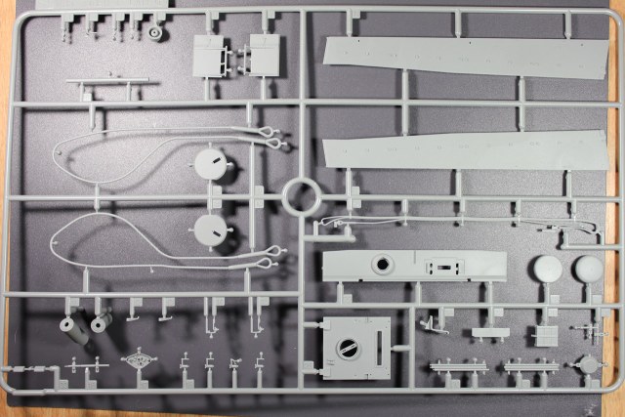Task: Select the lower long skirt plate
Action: click(464, 148)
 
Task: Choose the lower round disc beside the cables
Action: click(211, 230)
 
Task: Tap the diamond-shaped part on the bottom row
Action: click(138, 361)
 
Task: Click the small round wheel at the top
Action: click(157, 33)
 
